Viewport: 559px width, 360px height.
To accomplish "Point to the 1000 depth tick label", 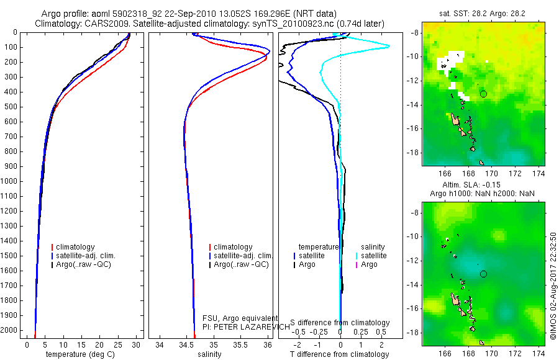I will pyautogui.click(x=9, y=181).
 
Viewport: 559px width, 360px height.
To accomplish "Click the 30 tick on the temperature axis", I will pyautogui.click(x=137, y=344).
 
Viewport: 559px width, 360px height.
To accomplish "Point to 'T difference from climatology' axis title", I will pyautogui.click(x=340, y=354).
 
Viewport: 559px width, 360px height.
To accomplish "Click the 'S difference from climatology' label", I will pyautogui.click(x=340, y=323).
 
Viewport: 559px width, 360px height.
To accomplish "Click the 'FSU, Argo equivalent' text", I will pyautogui.click(x=240, y=318).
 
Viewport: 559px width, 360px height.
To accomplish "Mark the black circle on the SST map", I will pyautogui.click(x=483, y=94).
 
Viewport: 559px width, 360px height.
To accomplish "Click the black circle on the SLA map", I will pyautogui.click(x=483, y=274).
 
